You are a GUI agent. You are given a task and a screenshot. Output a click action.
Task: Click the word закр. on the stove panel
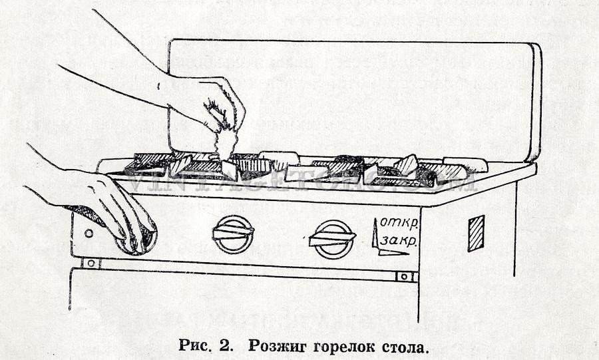(399, 241)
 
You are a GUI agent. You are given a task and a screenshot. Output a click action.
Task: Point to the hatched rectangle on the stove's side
(476, 233)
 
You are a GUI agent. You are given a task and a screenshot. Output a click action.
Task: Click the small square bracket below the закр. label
(403, 276)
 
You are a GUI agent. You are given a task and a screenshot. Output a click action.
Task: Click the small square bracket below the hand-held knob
(91, 263)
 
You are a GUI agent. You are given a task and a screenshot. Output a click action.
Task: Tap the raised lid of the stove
(353, 93)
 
